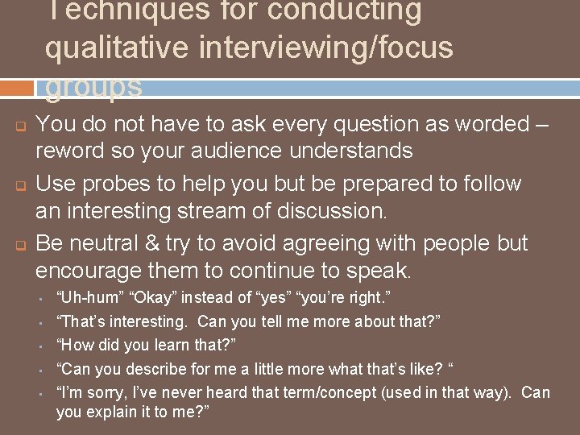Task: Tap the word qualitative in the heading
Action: pos(120,48)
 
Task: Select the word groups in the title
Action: pos(93,86)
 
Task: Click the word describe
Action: pos(161,369)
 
